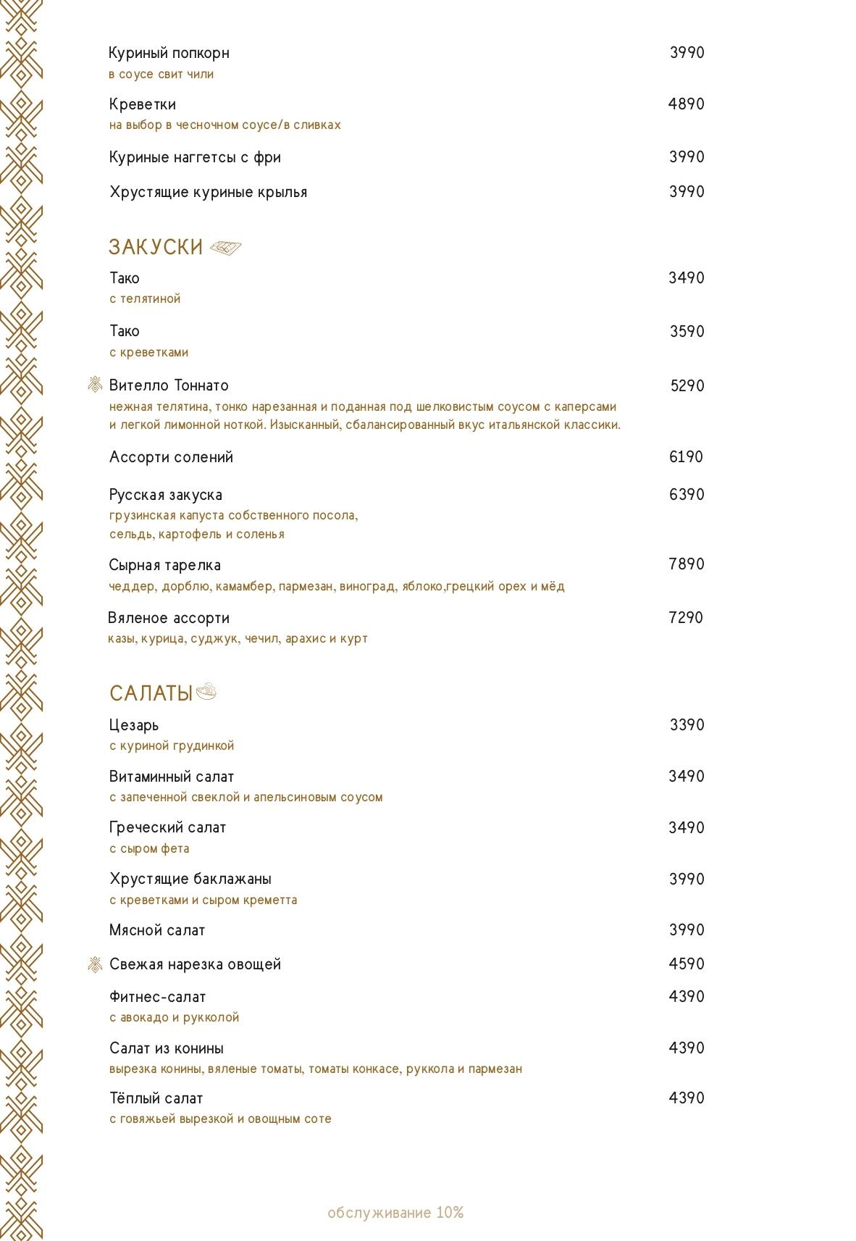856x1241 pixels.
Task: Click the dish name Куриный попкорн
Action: pyautogui.click(x=169, y=53)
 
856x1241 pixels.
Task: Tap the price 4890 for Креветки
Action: pyautogui.click(x=686, y=104)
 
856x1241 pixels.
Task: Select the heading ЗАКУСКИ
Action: pyautogui.click(x=156, y=247)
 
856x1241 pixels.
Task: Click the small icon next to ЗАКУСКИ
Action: pyautogui.click(x=225, y=248)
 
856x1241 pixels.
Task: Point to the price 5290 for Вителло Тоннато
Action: pyautogui.click(x=687, y=386)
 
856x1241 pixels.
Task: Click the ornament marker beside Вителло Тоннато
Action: pyautogui.click(x=95, y=385)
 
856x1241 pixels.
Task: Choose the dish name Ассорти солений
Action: pyautogui.click(x=171, y=457)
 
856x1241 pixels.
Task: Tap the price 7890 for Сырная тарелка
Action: pyautogui.click(x=686, y=564)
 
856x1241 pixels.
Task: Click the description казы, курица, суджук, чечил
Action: pyautogui.click(x=238, y=639)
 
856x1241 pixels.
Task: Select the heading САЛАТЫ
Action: pyautogui.click(x=151, y=693)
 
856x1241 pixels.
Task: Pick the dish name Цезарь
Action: pyautogui.click(x=134, y=725)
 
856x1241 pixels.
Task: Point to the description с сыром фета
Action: pyautogui.click(x=149, y=848)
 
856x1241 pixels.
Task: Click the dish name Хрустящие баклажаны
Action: pyautogui.click(x=190, y=879)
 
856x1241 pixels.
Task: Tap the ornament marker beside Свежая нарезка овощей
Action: pyautogui.click(x=95, y=964)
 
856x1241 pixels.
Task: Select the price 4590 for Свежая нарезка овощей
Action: pyautogui.click(x=686, y=964)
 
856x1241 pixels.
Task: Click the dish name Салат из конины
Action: pyautogui.click(x=167, y=1048)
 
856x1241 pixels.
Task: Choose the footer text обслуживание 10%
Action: pyautogui.click(x=395, y=1213)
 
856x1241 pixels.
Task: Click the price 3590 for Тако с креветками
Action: pyautogui.click(x=687, y=332)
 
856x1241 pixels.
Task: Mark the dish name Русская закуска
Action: pyautogui.click(x=166, y=495)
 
